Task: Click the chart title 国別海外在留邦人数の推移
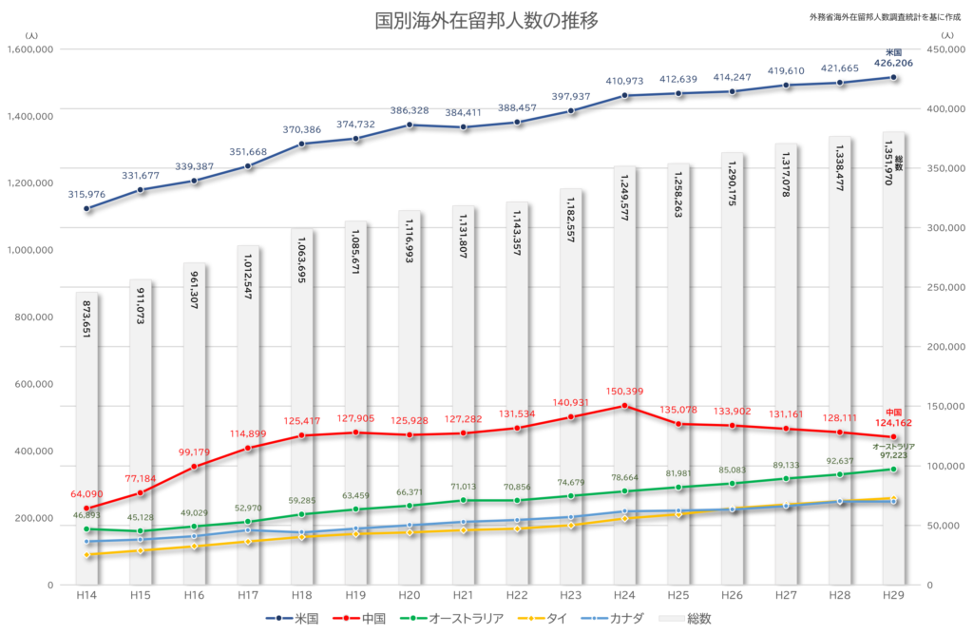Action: [486, 21]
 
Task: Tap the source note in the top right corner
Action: [885, 17]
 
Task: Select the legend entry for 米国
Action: [292, 619]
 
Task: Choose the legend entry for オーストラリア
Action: [451, 619]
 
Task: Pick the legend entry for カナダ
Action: [613, 619]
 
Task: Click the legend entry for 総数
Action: [685, 619]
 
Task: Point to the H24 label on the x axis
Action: [624, 595]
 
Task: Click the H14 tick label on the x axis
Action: [86, 595]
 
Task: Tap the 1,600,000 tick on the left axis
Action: [29, 49]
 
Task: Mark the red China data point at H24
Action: [624, 406]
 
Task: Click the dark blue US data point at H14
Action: [86, 209]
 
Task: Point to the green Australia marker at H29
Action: [893, 470]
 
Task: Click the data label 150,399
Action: [624, 392]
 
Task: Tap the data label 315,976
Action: [86, 194]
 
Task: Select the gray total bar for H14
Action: [86, 438]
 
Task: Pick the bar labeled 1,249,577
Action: [624, 375]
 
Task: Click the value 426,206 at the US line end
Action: [893, 63]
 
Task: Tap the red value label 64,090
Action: [86, 494]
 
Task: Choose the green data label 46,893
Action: [86, 515]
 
